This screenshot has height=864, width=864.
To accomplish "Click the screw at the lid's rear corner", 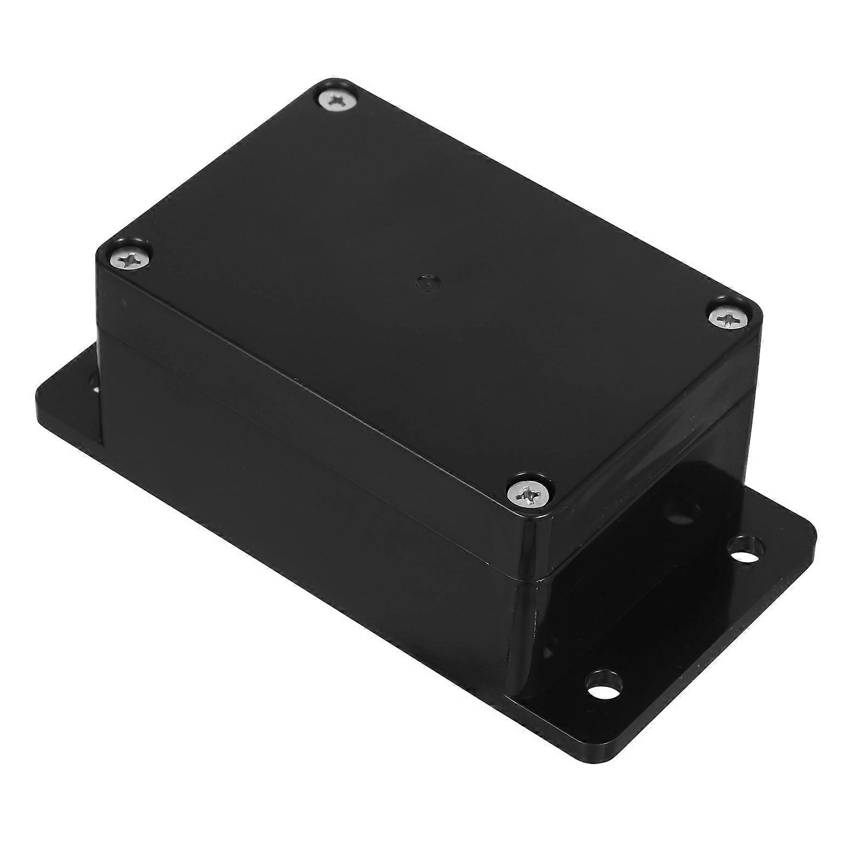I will click(x=336, y=100).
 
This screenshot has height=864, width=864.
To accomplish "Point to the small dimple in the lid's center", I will click(x=425, y=281).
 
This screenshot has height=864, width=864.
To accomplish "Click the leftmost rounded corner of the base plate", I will click(x=40, y=400).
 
